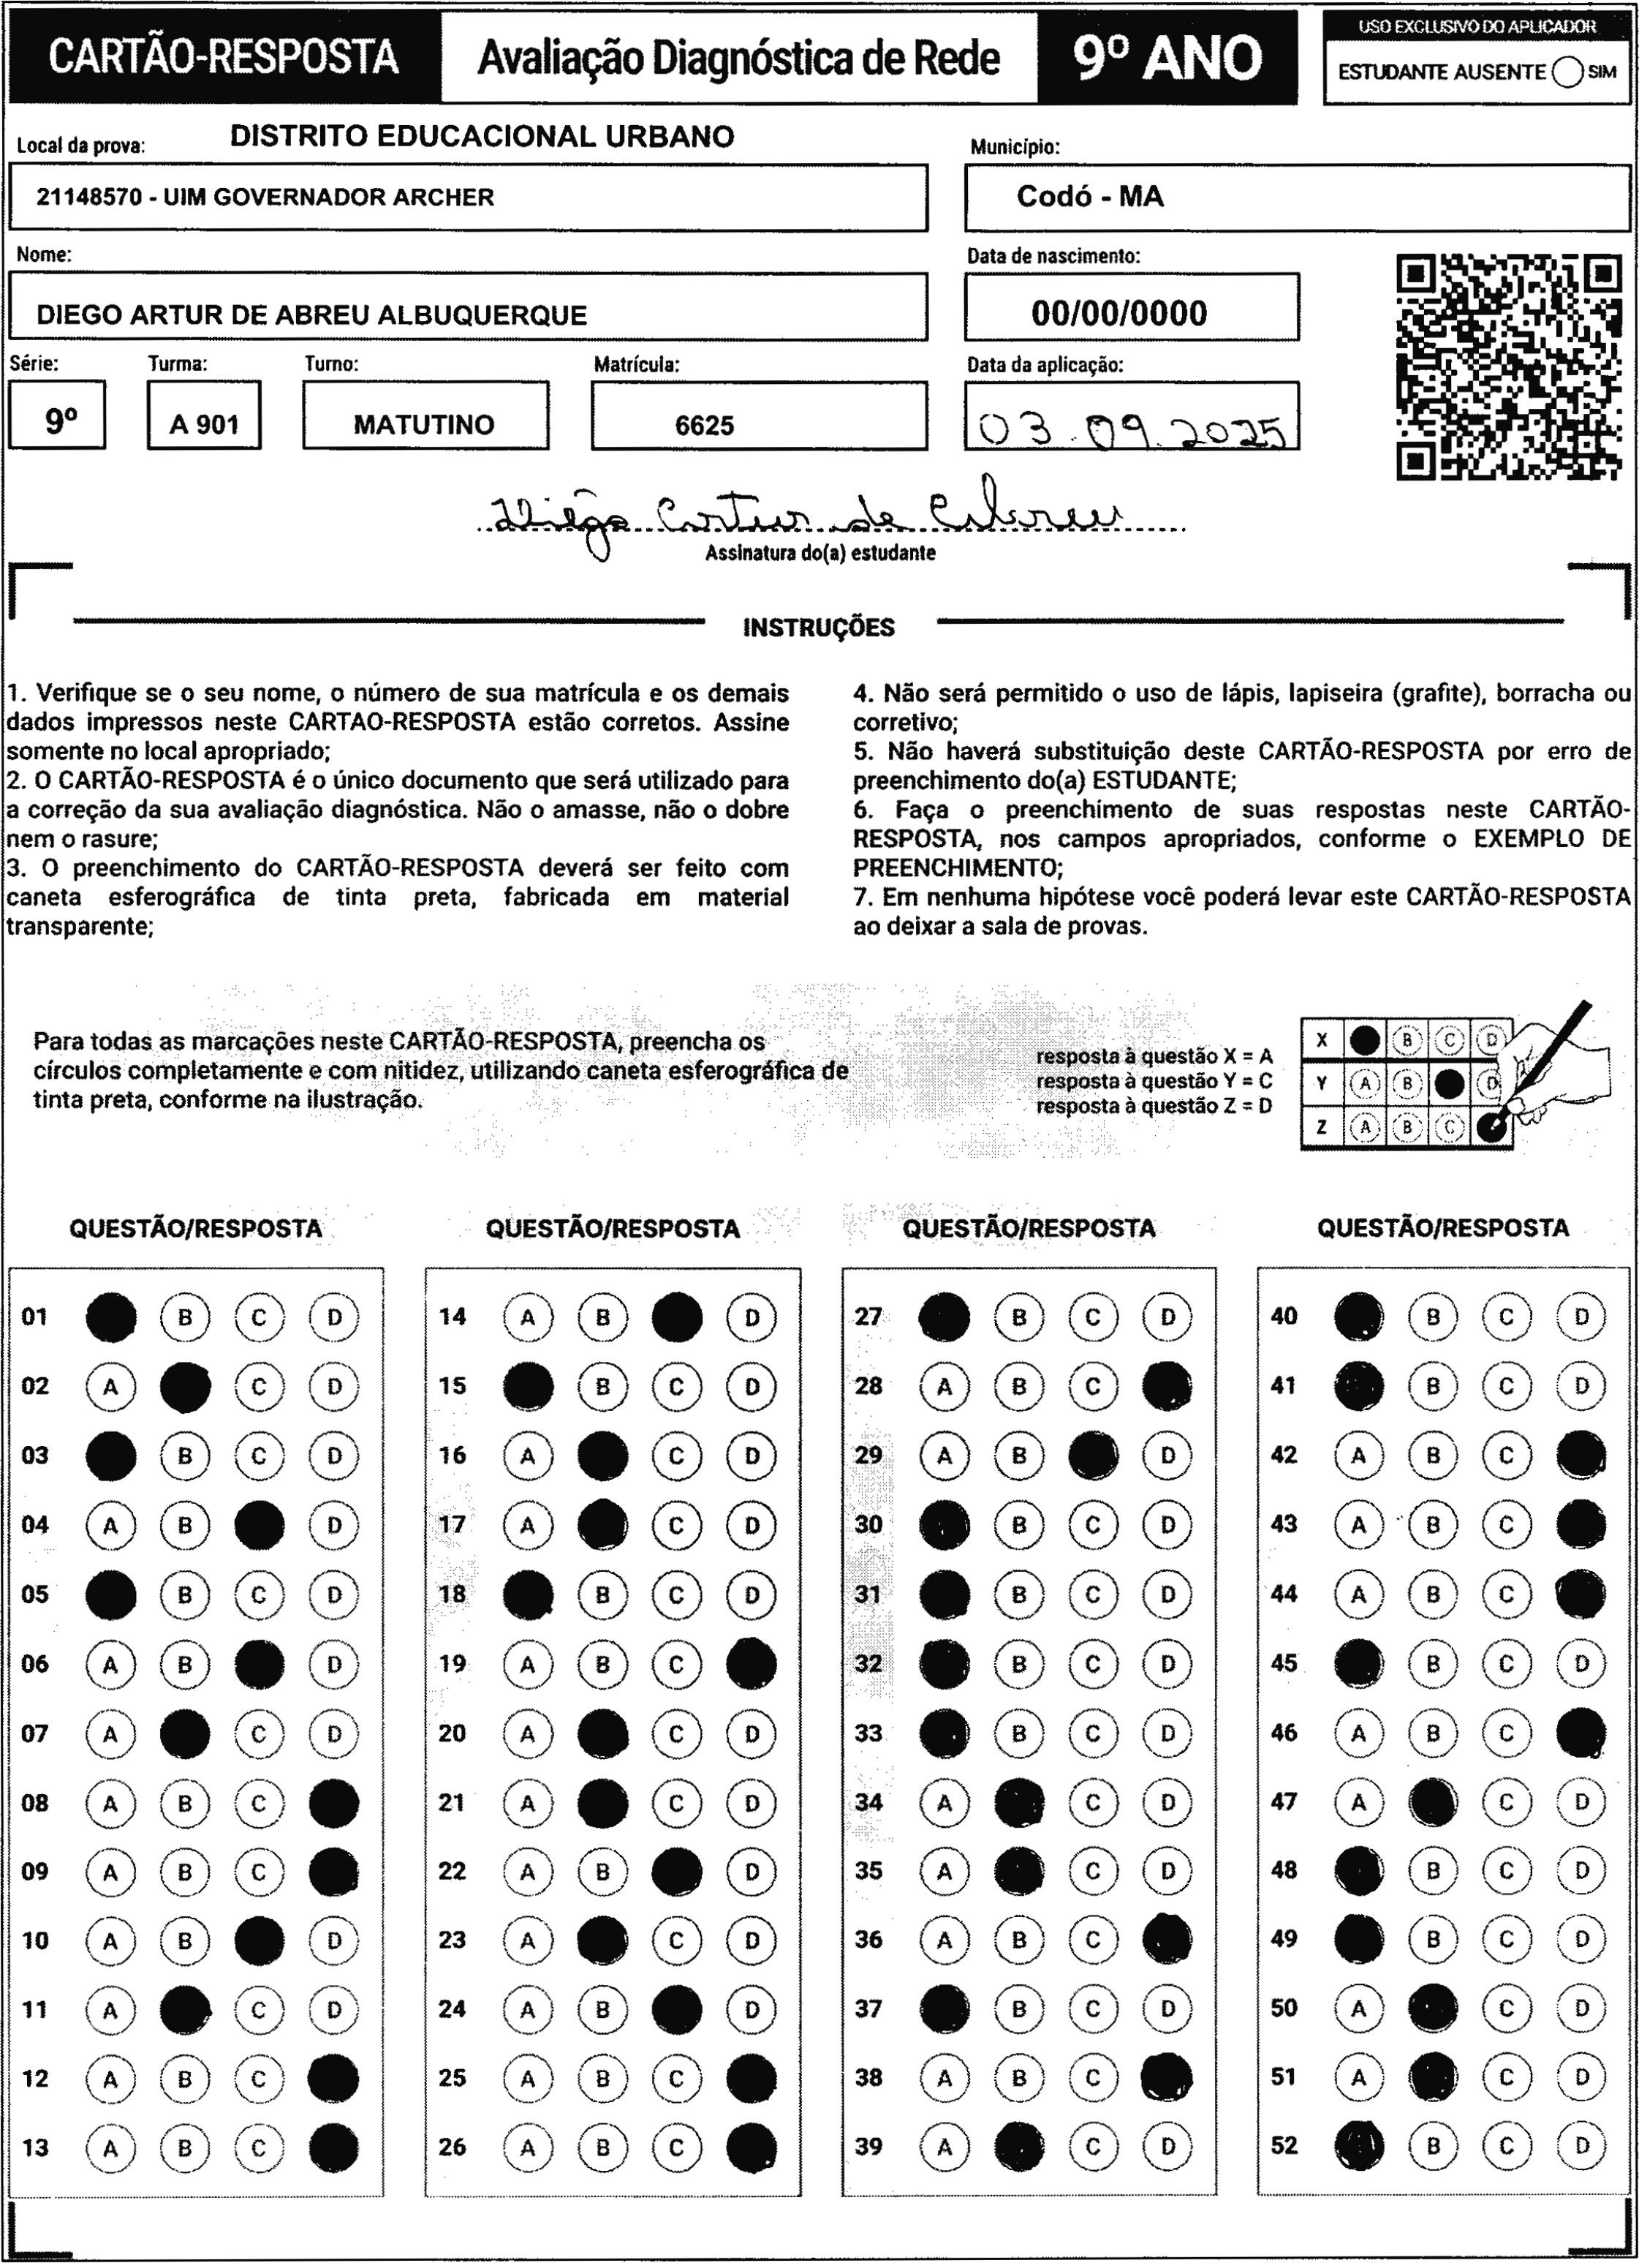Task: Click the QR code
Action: tap(1507, 367)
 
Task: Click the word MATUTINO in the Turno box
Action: tap(424, 425)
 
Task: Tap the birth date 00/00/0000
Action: tap(1119, 313)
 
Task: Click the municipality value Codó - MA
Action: tap(1090, 197)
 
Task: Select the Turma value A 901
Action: tap(205, 425)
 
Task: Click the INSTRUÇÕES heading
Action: tap(819, 628)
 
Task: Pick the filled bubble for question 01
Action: tap(110, 1317)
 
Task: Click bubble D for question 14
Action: tap(752, 1317)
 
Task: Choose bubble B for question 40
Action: tap(1433, 1317)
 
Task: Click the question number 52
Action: tap(1284, 2145)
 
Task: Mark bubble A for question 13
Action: tap(110, 2147)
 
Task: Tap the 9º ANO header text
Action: tap(1168, 58)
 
